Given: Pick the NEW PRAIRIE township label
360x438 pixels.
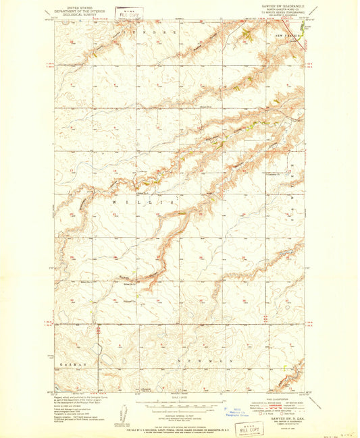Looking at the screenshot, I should pos(287,34).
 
